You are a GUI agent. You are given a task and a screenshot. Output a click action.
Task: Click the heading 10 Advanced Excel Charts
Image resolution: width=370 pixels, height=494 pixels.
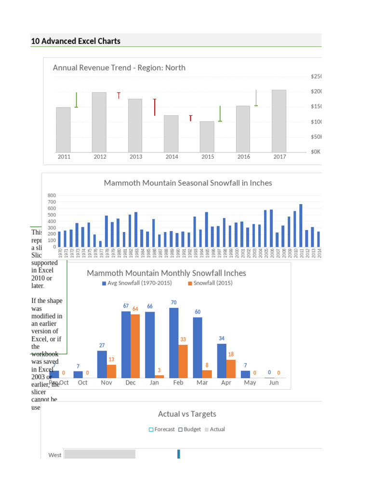coord(76,41)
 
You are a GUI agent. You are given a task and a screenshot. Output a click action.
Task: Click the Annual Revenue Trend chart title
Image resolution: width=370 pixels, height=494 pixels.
coord(119,68)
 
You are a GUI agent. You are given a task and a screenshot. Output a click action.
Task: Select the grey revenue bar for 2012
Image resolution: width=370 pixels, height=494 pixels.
coord(99,122)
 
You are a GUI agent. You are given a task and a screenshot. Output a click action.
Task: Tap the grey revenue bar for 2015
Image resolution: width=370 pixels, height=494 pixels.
coord(207,136)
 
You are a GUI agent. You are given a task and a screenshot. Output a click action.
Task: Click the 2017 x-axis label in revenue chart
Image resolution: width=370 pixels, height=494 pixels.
coord(279,157)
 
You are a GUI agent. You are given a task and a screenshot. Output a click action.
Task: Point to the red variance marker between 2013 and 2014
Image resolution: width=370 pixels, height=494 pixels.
coord(155,107)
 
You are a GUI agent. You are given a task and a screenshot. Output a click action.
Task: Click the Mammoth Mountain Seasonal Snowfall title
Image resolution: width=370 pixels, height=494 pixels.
coord(188,183)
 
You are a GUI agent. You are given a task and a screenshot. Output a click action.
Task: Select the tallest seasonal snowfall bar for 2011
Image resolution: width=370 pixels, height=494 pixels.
coord(301,225)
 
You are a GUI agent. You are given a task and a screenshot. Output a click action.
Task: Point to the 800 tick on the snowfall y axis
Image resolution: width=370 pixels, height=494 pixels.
coord(52,195)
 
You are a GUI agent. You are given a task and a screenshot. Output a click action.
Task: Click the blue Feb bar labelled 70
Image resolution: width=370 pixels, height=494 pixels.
coord(174,343)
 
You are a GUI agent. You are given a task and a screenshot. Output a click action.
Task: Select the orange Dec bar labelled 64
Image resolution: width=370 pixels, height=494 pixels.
coord(135,346)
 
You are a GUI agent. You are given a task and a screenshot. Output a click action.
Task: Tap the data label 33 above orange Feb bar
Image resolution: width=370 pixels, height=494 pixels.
coord(183,340)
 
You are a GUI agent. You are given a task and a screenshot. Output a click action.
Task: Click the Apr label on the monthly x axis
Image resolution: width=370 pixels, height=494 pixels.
coord(226,383)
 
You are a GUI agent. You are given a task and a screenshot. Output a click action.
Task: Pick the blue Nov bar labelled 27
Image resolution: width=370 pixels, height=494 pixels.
coord(102,364)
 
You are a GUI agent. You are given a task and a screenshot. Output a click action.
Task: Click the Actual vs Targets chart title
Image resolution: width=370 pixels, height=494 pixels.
coord(187,414)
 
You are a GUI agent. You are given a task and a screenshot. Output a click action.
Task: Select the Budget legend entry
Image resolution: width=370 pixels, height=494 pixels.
coord(189,429)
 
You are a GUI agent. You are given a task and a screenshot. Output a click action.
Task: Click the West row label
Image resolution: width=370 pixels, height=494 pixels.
coord(55,455)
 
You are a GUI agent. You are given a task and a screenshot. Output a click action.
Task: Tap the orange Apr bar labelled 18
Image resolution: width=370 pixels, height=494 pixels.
coord(231,369)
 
